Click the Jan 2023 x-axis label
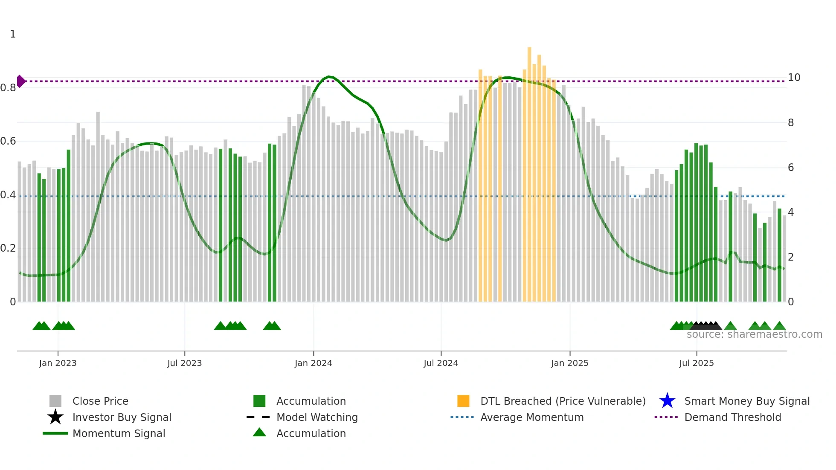click(x=58, y=363)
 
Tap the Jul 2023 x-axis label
click(x=184, y=363)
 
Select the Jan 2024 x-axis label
click(x=313, y=363)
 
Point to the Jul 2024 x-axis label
click(x=441, y=363)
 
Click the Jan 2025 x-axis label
click(x=569, y=363)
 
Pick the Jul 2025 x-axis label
click(x=696, y=363)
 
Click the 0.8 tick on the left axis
click(x=8, y=88)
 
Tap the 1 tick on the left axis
click(x=13, y=34)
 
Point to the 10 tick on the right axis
click(x=794, y=78)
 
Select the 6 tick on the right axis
click(x=791, y=168)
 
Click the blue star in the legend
click(x=667, y=401)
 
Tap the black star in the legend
click(x=55, y=417)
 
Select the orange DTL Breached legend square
click(x=463, y=401)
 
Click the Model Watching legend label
click(x=317, y=417)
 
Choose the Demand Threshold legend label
click(x=732, y=417)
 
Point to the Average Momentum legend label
click(x=532, y=417)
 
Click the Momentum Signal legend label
click(x=119, y=433)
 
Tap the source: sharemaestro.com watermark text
click(x=754, y=334)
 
